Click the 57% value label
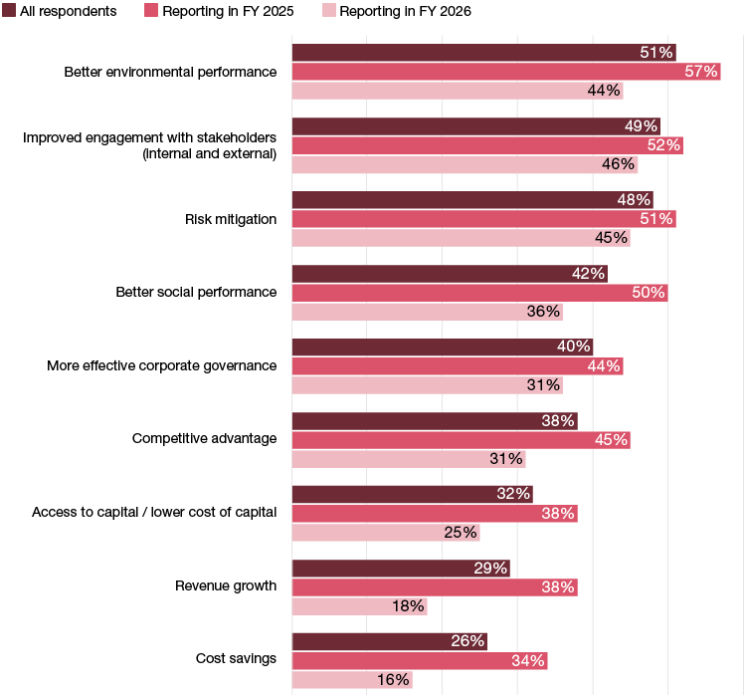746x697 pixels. [701, 72]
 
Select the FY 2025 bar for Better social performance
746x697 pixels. [479, 293]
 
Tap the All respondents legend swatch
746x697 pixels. [9, 11]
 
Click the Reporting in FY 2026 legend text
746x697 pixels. [405, 11]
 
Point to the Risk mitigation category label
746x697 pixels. [231, 219]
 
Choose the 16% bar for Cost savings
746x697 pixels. [352, 680]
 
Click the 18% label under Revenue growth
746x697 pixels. [408, 605]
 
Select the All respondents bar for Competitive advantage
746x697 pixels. [435, 421]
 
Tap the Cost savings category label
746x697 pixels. [237, 659]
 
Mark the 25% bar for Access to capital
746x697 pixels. [386, 533]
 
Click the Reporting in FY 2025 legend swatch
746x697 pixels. [152, 11]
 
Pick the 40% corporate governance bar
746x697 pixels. [442, 348]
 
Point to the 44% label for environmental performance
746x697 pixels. [604, 91]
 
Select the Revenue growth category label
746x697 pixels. [226, 585]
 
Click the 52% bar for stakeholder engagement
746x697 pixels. [487, 145]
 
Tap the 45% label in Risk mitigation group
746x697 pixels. [611, 238]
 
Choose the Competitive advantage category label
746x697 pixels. [204, 438]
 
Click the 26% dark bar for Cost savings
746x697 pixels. [389, 641]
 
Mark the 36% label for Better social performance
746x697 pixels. [543, 312]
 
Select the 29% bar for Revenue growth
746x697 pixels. [401, 569]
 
